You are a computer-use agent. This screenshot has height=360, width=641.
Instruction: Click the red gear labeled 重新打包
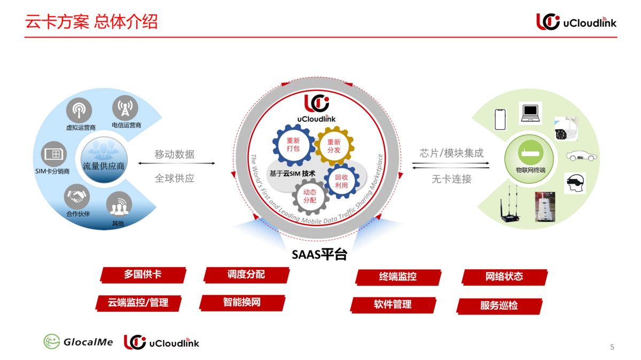pos(293,144)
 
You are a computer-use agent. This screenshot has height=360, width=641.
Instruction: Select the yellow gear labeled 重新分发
pos(334,146)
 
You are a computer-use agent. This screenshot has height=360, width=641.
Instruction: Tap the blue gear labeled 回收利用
pos(341,181)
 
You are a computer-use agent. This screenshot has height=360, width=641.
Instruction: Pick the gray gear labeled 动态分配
pos(310,195)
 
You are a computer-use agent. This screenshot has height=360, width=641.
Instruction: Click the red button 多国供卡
pos(143,275)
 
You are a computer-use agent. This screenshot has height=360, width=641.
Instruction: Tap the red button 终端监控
pos(398,277)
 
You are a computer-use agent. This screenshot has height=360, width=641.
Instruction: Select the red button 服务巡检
pos(499,306)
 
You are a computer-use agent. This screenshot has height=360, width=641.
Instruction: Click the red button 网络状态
pos(504,277)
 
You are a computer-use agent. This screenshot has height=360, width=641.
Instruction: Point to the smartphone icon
pos(500,120)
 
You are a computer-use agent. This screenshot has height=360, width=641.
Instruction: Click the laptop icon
pos(531,112)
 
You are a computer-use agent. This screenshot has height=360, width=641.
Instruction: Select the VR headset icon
pos(575,183)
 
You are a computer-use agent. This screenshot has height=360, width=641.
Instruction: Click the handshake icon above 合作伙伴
pos(77,197)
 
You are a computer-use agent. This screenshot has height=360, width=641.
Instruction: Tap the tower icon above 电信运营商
pos(125,108)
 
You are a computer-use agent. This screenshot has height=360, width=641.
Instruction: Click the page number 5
pos(612,347)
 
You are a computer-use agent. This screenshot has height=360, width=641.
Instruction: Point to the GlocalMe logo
pos(78,342)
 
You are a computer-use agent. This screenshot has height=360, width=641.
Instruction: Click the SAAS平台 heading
pos(319,255)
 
